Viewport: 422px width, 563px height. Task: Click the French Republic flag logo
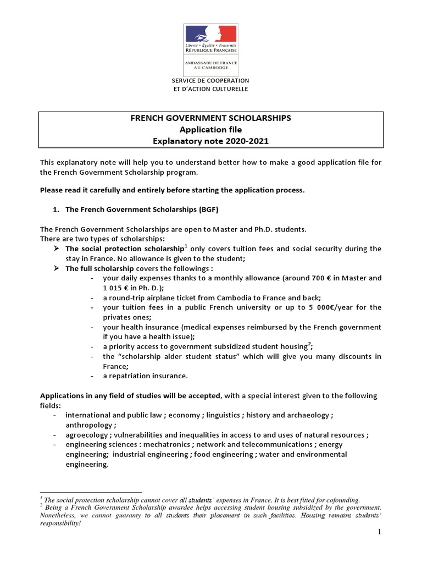(210, 34)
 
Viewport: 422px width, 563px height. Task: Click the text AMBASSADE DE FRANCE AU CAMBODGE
(210, 64)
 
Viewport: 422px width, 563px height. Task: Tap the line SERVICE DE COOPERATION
(210, 80)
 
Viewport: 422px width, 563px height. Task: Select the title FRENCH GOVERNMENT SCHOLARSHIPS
(210, 118)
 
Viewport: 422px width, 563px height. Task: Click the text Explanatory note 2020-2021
(210, 140)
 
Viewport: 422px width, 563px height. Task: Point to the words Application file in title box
(210, 129)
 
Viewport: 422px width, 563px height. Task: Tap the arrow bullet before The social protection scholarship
(57, 249)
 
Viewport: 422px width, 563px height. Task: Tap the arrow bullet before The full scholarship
(57, 269)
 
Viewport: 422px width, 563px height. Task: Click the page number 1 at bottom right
(379, 532)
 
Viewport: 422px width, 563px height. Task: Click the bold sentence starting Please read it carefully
(172, 190)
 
